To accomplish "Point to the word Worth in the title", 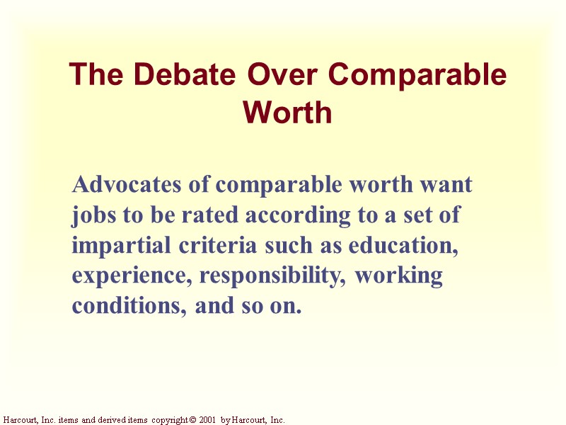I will pos(287,112).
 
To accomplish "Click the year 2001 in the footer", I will pos(207,420).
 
